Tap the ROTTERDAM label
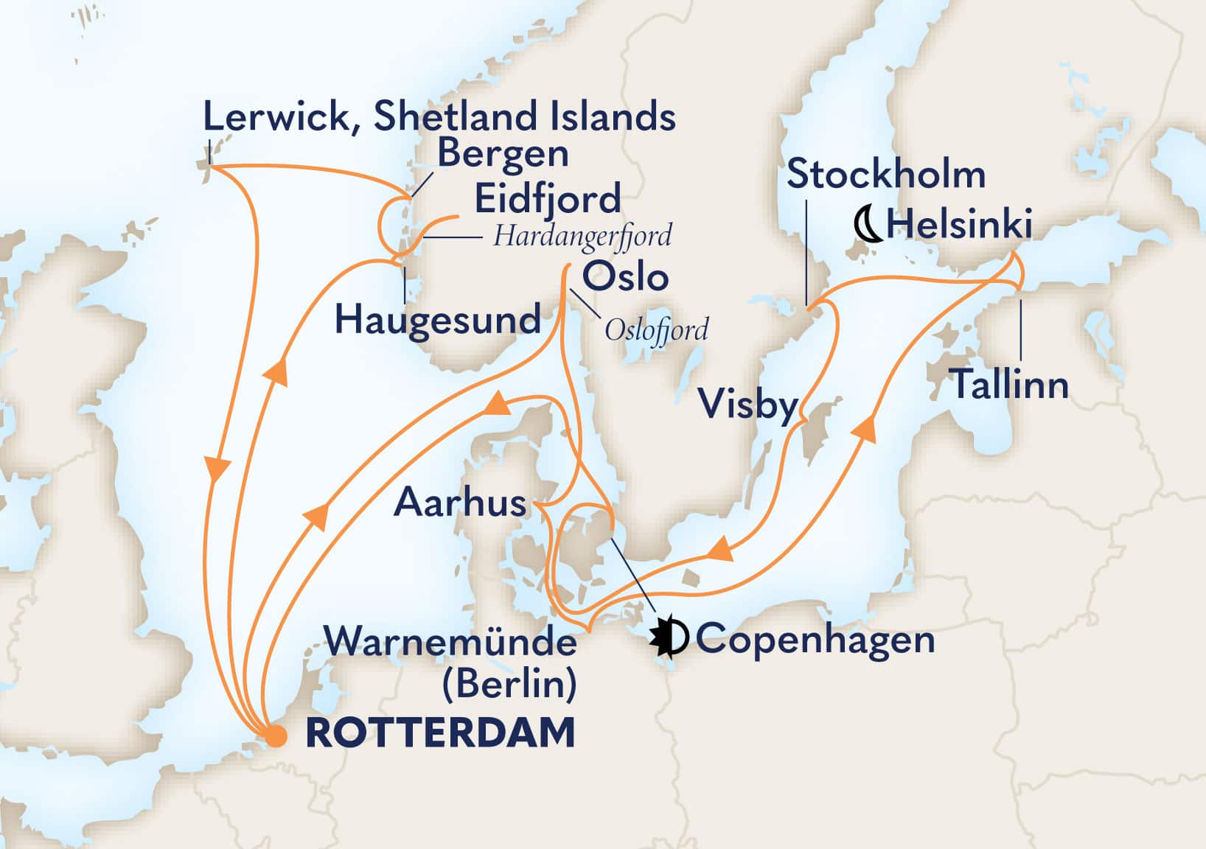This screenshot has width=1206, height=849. pos(440,734)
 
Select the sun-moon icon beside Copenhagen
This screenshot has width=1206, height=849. pos(669,637)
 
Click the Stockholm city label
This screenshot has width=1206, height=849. pos(886,175)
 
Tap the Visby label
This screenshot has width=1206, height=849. pos(747,405)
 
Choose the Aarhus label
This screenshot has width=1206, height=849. pos(460,503)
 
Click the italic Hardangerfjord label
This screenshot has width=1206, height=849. pos(582,237)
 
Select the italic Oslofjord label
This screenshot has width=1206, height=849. pos(656,329)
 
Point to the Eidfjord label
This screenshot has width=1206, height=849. pos(547,199)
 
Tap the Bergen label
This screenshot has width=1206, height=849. pos(503,155)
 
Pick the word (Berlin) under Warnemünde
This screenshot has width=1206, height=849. pos(509,685)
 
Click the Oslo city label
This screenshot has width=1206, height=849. pos(625,278)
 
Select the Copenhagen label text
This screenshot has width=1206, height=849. pos(815,639)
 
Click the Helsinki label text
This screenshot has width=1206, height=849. pos(959,224)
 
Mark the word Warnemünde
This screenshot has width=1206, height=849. pos(451,643)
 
